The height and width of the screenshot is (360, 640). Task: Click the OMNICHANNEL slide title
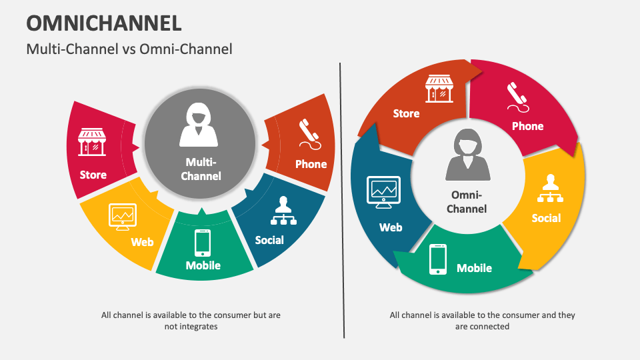[x=103, y=22]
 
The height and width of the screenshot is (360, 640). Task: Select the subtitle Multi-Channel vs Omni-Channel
[x=129, y=49]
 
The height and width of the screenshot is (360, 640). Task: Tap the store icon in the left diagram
[x=92, y=142]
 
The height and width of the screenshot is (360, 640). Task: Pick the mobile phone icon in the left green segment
[x=202, y=243]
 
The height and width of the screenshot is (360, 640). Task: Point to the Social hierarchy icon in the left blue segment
[x=283, y=211]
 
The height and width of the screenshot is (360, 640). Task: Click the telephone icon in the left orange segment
[x=308, y=133]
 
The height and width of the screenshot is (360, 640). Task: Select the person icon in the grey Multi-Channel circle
[x=199, y=125]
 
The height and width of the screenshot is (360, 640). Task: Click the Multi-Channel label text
[x=201, y=169]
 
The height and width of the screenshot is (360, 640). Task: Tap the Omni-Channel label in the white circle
[x=467, y=201]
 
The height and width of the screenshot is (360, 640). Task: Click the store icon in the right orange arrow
[x=439, y=89]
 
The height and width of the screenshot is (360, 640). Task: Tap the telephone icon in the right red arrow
[x=517, y=98]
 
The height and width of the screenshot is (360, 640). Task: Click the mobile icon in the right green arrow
[x=438, y=259]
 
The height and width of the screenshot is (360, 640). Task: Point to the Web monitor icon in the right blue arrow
[x=383, y=191]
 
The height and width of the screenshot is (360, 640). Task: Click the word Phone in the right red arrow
[x=527, y=126]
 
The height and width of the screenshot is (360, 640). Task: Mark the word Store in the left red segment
[x=93, y=175]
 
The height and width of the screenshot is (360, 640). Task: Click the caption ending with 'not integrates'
[x=191, y=321]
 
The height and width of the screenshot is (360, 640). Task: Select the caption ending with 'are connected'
[x=482, y=321]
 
